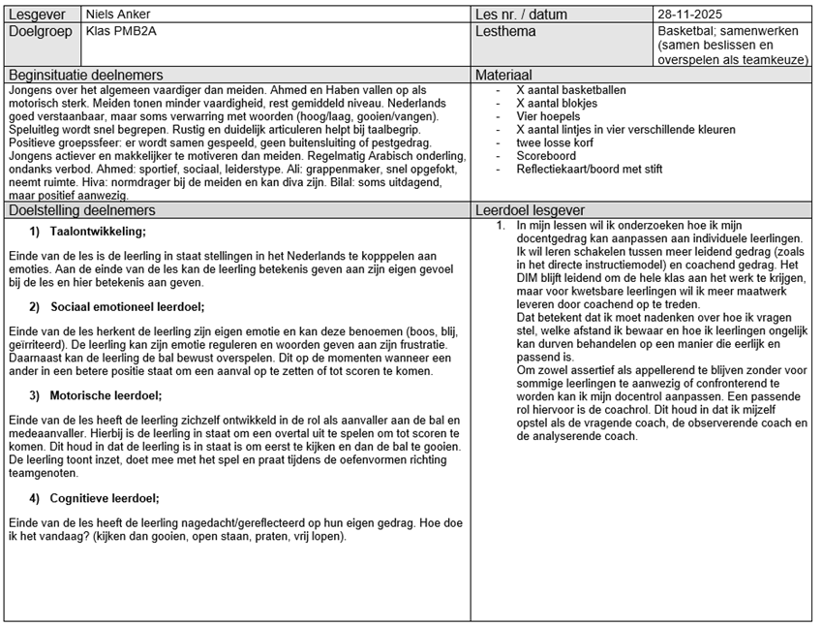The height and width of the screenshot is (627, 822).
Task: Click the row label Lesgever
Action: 37,15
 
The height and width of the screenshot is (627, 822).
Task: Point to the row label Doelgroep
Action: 41,31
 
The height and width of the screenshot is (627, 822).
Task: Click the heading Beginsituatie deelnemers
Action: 85,76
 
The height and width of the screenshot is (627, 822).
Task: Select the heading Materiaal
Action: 504,76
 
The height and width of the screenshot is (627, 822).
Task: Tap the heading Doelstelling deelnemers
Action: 81,210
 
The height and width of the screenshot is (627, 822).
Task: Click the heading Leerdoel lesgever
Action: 531,210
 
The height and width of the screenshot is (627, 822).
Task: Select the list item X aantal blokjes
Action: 557,103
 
